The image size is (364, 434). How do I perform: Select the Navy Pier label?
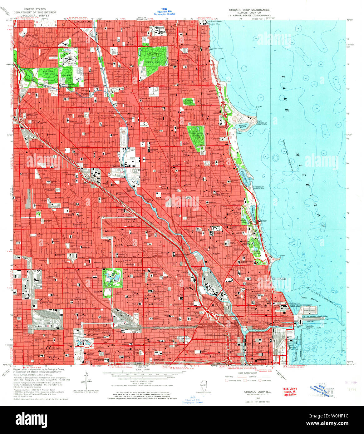point(310,321)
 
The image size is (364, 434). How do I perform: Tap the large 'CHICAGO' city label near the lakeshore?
point(279,279)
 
